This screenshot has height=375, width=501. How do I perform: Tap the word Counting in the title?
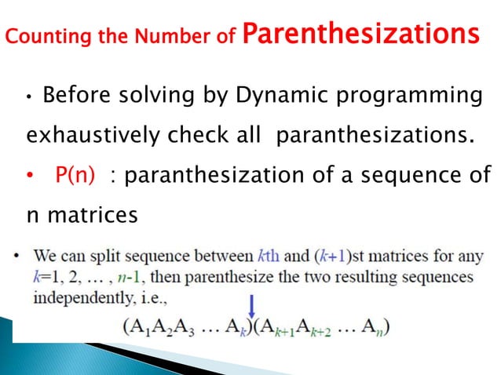(x=38, y=37)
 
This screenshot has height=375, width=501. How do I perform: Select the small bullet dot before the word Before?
(x=28, y=98)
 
